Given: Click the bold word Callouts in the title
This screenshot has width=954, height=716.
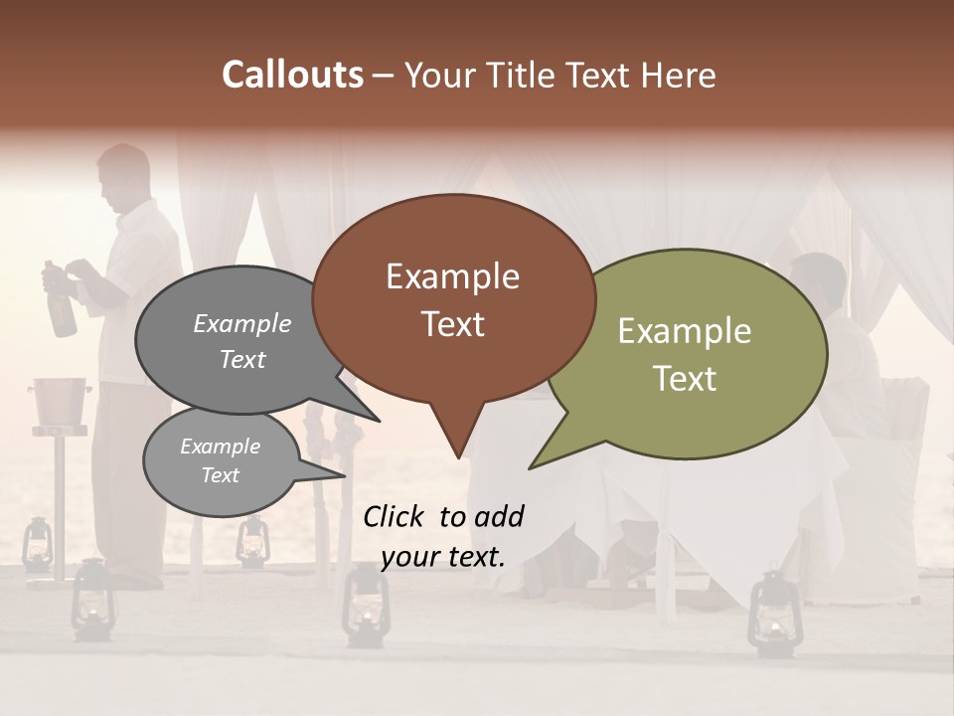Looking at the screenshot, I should coord(292,75).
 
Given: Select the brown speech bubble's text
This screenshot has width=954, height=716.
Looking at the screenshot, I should coord(453,300).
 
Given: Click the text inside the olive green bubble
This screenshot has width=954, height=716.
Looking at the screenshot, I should coord(685,354).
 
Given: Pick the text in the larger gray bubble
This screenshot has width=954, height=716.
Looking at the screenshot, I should coord(242,341).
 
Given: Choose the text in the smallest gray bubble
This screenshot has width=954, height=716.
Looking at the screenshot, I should coord(221,460).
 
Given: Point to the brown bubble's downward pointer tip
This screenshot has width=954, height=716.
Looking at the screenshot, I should coord(458,458).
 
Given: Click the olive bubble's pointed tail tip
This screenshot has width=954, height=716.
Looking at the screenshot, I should coord(531,467).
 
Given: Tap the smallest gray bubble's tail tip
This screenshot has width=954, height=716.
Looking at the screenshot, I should coord(345,475).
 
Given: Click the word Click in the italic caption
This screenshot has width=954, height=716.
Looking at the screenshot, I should coord(395,516).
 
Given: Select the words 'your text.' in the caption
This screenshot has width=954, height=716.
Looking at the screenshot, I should coord(443,557).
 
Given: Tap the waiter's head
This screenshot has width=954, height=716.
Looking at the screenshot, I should coord(124,177).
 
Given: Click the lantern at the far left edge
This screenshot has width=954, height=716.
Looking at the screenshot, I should coord(38,545).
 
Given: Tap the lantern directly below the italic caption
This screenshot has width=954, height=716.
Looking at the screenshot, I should coord(365,609).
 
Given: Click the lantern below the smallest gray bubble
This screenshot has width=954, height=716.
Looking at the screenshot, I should coord(252,542).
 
